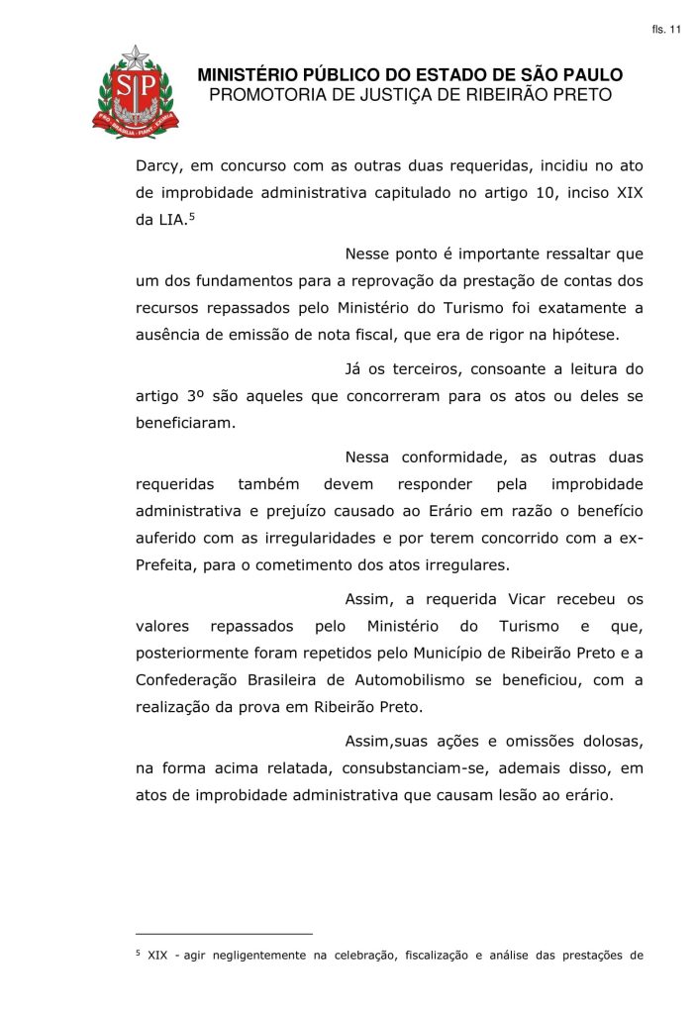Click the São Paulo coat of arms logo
point(136,91)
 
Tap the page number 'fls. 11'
point(666,31)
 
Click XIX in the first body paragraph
point(630,192)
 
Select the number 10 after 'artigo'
point(546,192)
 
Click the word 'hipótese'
point(611,334)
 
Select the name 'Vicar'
point(528,599)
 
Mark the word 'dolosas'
point(612,742)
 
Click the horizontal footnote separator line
point(224,933)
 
